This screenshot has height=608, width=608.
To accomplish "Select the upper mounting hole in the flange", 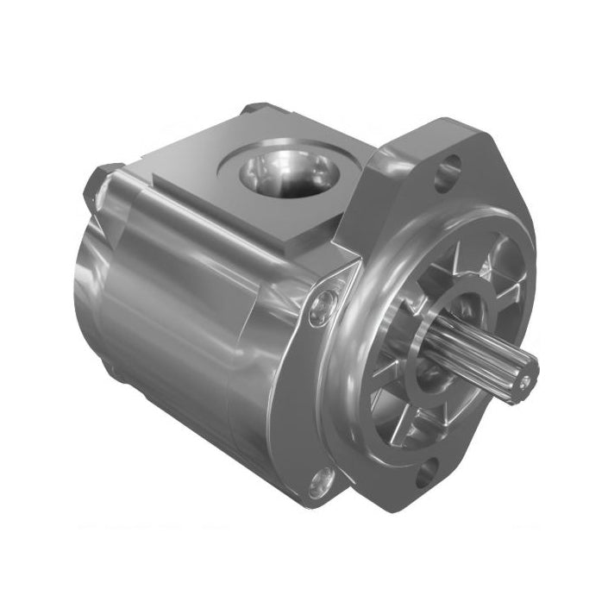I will pos(445,176).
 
